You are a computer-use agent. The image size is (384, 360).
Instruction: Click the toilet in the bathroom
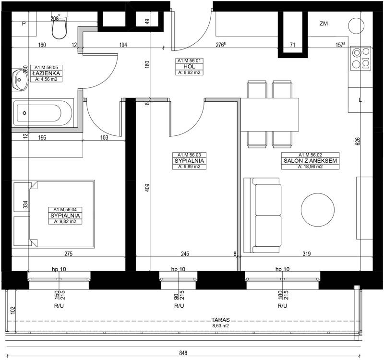pyautogui.click(x=59, y=26)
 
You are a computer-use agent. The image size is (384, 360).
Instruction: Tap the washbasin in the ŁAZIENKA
pyautogui.click(x=20, y=80)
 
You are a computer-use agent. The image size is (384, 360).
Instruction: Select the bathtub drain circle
pyautogui.click(x=24, y=113)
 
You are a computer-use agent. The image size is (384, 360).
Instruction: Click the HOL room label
pyautogui.click(x=189, y=66)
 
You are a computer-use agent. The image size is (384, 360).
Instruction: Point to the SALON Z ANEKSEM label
pyautogui.click(x=310, y=161)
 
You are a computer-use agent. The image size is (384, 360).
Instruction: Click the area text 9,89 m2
pyautogui.click(x=189, y=167)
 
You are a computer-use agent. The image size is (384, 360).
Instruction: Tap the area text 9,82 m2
pyautogui.click(x=65, y=222)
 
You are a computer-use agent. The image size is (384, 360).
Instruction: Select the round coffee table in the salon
pyautogui.click(x=318, y=210)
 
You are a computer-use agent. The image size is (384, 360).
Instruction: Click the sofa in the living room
pyautogui.click(x=262, y=215)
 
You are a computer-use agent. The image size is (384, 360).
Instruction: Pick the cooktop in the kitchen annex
pyautogui.click(x=361, y=58)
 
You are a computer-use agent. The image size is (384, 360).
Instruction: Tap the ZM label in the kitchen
pyautogui.click(x=324, y=24)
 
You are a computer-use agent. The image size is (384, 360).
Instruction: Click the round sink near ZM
pyautogui.click(x=356, y=26)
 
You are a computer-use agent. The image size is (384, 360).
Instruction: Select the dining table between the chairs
pyautogui.click(x=270, y=115)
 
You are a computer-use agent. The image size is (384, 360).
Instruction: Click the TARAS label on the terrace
pyautogui.click(x=221, y=320)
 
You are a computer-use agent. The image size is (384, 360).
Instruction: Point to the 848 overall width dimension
pyautogui.click(x=183, y=353)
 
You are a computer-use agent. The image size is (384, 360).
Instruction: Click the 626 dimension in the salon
pyautogui.click(x=357, y=142)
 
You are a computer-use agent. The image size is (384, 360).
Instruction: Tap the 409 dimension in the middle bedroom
pyautogui.click(x=147, y=188)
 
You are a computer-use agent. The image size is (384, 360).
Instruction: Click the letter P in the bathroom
pyautogui.click(x=24, y=24)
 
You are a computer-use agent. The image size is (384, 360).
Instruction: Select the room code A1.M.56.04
pyautogui.click(x=65, y=210)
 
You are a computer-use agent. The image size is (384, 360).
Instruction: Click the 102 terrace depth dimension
pyautogui.click(x=13, y=310)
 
